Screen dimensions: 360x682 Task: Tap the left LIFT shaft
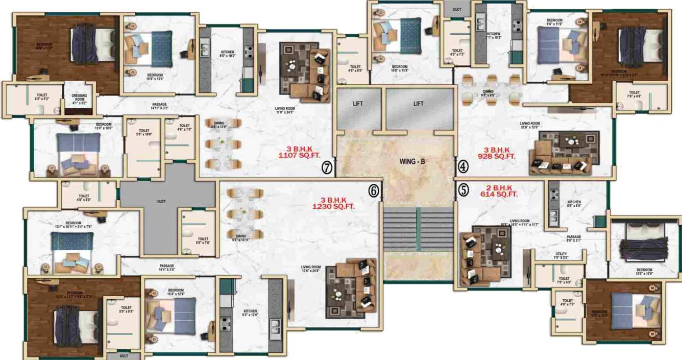tap(358, 104)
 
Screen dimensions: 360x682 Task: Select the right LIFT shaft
tap(419, 104)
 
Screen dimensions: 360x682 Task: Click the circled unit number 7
tap(327, 167)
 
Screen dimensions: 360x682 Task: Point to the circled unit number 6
tap(374, 190)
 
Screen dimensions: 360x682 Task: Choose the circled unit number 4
tap(462, 166)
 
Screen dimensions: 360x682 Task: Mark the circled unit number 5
tap(462, 189)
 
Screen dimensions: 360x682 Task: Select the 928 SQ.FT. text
tap(496, 157)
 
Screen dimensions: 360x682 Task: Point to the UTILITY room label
tap(562, 255)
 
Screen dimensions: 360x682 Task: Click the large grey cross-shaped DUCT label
tap(161, 201)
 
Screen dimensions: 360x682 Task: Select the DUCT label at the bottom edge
tap(124, 356)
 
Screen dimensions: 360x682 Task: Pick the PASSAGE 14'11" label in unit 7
tap(159, 106)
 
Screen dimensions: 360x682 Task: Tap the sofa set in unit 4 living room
tap(563, 153)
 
